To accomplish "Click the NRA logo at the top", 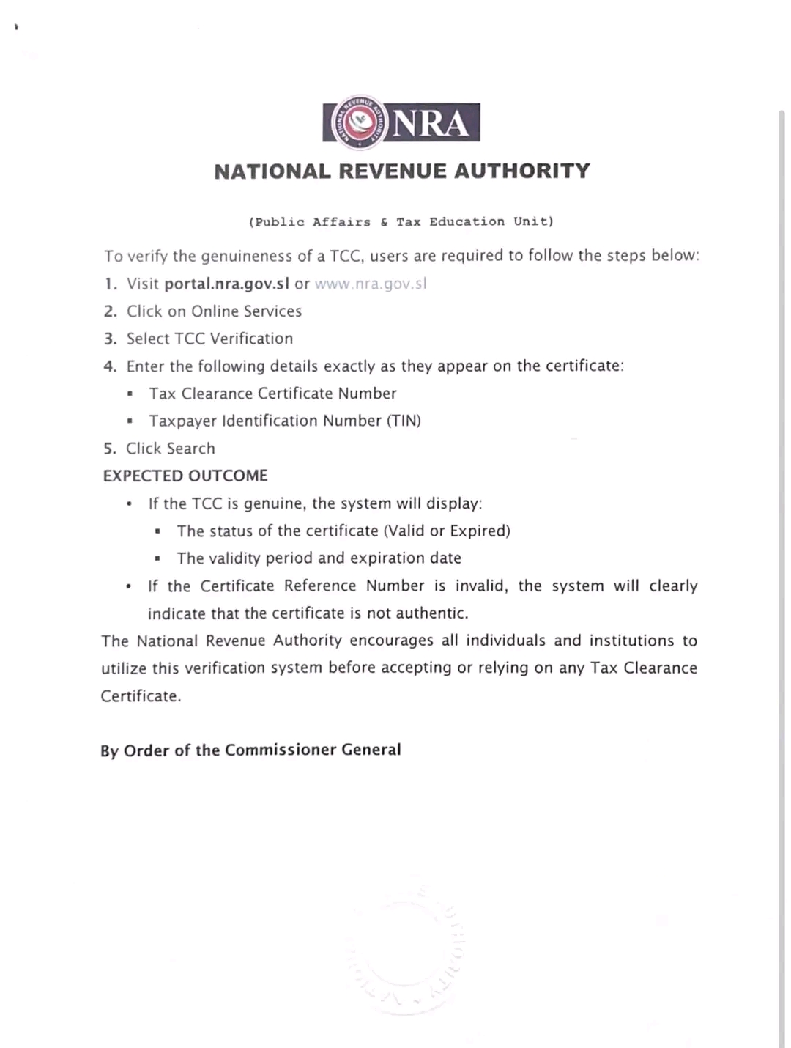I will coord(401,122).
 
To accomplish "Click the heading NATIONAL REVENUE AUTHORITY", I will coord(402,171).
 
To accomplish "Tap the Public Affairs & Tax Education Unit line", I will coord(401,221).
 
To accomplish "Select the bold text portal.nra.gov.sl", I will coord(227,284).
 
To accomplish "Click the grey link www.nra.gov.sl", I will coord(371,284).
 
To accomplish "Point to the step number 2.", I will coord(110,311).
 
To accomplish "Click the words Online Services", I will coord(246,311).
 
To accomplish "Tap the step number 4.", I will coord(110,366).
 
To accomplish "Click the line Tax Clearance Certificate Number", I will coord(272,394).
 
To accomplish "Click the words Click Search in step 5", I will coord(171,449).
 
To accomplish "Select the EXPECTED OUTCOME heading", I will coord(185,476).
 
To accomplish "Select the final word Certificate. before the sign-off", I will coord(141,696).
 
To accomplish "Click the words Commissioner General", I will coord(313,750).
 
